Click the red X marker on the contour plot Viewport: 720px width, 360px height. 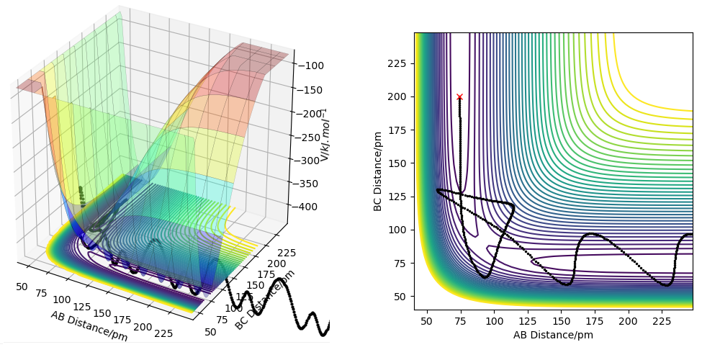point(459,96)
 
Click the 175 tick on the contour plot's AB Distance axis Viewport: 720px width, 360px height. point(595,320)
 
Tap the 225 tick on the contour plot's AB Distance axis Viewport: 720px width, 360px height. point(662,320)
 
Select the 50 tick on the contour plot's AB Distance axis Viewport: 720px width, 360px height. point(426,320)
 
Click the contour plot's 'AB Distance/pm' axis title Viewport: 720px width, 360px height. point(553,335)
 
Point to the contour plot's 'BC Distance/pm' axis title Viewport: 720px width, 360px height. point(378,171)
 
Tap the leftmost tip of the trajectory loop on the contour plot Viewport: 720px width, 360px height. point(437,190)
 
